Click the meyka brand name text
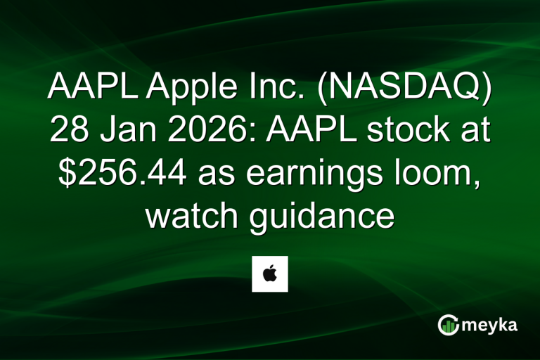click(491, 325)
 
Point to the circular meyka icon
click(449, 325)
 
